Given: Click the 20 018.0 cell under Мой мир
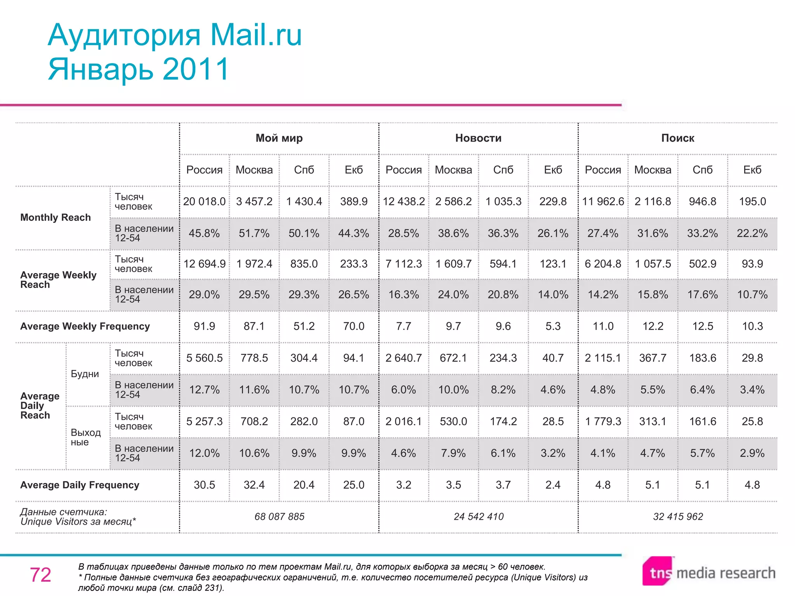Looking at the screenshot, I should (x=204, y=201).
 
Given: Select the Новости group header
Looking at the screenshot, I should (x=478, y=138).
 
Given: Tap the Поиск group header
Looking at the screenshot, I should (x=677, y=138).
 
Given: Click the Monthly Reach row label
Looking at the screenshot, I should (x=56, y=217).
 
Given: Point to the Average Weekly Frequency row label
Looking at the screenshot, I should (x=85, y=326).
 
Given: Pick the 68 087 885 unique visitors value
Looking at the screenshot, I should (x=279, y=516).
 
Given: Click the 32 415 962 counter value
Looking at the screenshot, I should (x=677, y=516).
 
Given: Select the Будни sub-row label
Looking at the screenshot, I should (x=85, y=374).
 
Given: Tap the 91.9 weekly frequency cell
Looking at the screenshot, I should (x=204, y=326).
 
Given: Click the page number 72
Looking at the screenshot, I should (x=40, y=575).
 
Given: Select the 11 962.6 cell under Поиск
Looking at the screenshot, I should (x=603, y=201).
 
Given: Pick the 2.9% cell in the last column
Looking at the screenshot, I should (x=752, y=453).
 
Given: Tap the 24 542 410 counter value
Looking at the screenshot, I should (x=478, y=516).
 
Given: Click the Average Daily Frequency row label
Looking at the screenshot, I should (x=80, y=485).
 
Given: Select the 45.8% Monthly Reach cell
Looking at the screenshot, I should (x=204, y=233).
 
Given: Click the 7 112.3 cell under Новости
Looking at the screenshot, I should (x=403, y=264).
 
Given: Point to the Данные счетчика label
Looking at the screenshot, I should (x=63, y=512).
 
